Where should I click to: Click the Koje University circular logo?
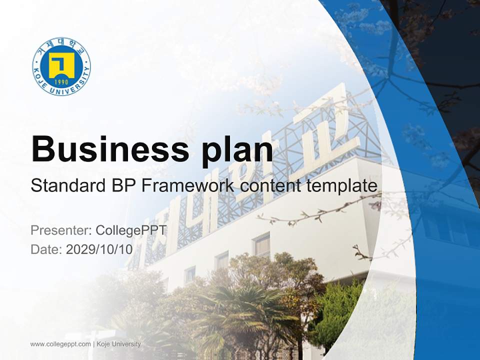[x=61, y=66]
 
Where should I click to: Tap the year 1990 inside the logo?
[x=61, y=82]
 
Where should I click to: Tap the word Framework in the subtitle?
[x=188, y=186]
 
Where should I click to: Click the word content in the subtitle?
[x=270, y=186]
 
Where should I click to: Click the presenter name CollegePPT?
[x=130, y=230]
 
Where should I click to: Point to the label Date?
[x=46, y=249]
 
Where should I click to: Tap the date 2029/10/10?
[x=99, y=249]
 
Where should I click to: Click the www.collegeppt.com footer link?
[x=60, y=344]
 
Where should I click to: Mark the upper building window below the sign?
[x=261, y=245]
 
